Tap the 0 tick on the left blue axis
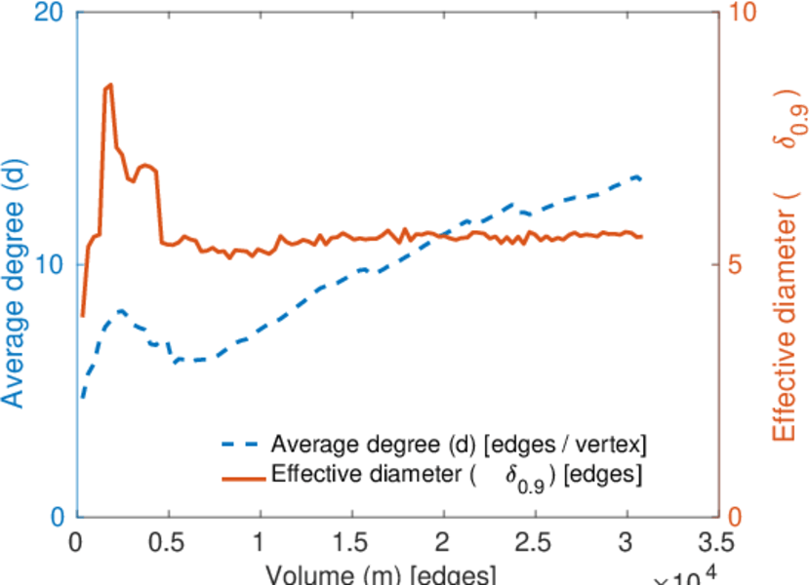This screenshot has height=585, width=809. (56, 517)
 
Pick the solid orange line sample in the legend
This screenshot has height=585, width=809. (240, 478)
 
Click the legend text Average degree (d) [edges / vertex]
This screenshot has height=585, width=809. (459, 445)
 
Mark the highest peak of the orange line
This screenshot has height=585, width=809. (109, 85)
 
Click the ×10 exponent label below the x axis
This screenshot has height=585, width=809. (688, 577)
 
